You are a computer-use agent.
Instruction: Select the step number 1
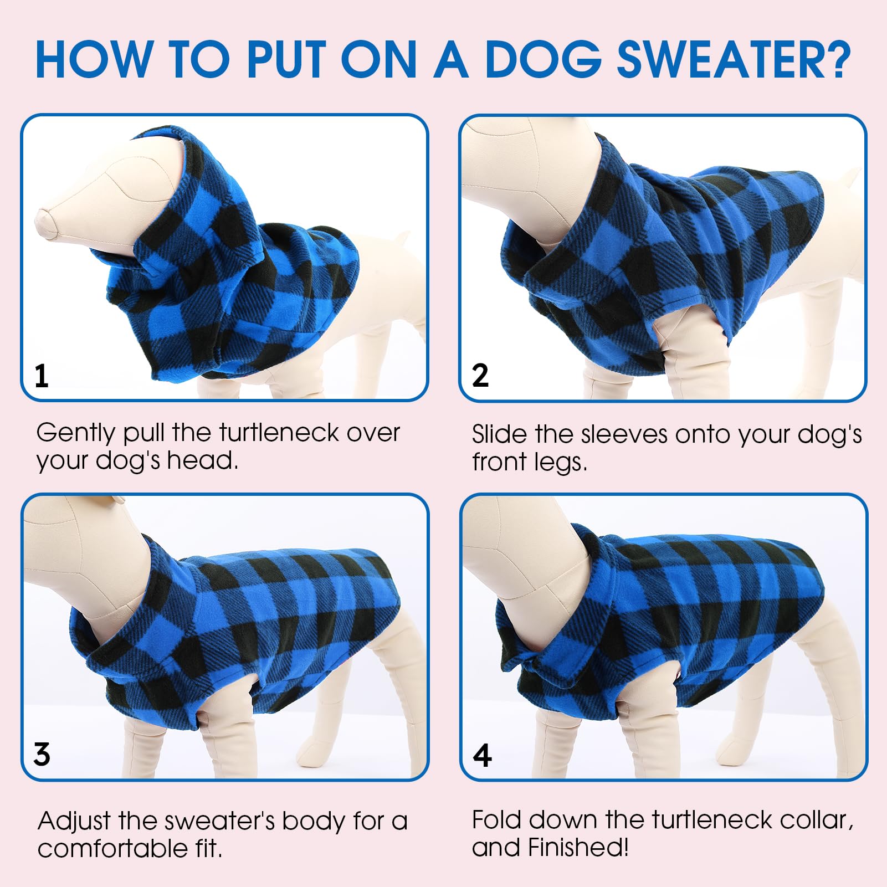click(42, 376)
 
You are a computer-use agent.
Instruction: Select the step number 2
click(480, 375)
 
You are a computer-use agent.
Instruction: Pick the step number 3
click(42, 754)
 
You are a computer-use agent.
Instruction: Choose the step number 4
click(482, 755)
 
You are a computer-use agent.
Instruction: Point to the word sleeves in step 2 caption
click(624, 434)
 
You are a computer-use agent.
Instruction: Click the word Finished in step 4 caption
click(578, 848)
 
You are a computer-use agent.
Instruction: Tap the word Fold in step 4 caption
click(497, 821)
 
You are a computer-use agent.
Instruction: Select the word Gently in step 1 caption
click(75, 433)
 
